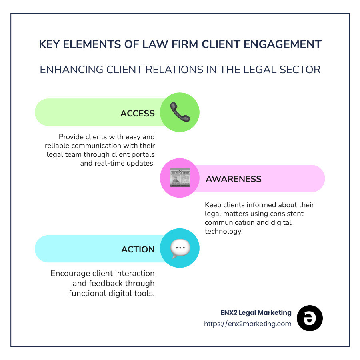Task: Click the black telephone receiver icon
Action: click(180, 112)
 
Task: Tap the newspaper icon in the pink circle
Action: click(180, 178)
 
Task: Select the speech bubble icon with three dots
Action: click(180, 248)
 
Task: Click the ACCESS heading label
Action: click(137, 114)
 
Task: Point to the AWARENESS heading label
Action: click(233, 179)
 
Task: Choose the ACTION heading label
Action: click(138, 249)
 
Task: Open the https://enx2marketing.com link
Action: click(248, 324)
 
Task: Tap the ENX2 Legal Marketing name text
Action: click(256, 312)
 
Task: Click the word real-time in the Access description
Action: click(110, 163)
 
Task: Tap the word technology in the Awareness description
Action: click(224, 231)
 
